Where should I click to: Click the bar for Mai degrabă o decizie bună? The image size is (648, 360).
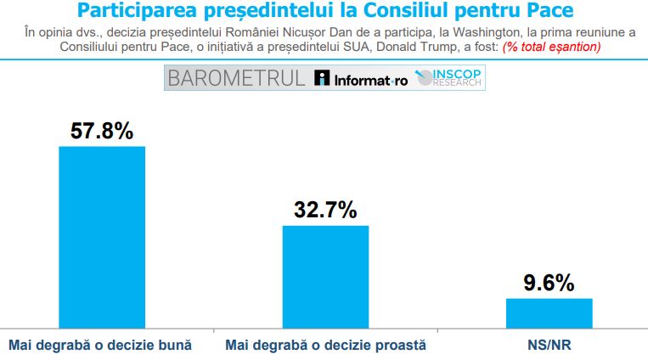(101, 237)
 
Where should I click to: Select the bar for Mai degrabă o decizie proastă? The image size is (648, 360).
(325, 276)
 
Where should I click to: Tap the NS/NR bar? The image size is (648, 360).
(549, 312)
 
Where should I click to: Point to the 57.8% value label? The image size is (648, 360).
(102, 131)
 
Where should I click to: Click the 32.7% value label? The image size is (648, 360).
(325, 210)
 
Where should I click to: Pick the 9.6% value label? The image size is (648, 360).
(549, 282)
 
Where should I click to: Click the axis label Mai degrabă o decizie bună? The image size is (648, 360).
(100, 346)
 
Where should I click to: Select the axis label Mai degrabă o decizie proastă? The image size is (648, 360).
(325, 346)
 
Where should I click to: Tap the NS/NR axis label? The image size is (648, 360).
(549, 346)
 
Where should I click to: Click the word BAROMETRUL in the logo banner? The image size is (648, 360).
(237, 79)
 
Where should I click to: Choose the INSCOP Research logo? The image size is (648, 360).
(451, 79)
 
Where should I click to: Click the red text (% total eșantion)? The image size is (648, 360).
(552, 47)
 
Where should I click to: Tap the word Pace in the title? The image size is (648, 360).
(547, 11)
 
